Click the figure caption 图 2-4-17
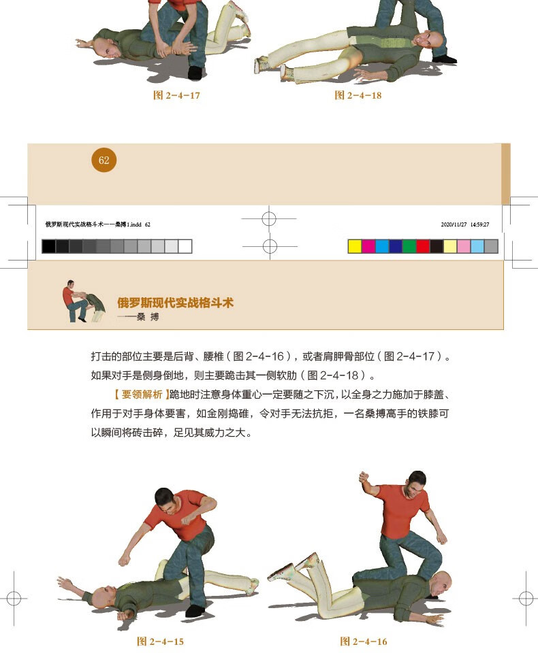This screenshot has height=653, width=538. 176,95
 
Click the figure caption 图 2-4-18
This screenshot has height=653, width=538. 358,95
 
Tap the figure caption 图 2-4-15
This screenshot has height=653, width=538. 160,641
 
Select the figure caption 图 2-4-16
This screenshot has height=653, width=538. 364,641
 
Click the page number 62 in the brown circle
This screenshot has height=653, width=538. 104,161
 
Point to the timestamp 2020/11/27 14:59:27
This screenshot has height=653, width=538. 465,224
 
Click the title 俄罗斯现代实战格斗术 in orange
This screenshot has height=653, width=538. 175,303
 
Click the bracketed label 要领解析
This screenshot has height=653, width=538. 140,394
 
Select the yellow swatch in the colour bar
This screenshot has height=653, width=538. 355,246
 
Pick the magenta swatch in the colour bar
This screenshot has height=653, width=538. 368,246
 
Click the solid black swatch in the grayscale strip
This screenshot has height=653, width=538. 49,246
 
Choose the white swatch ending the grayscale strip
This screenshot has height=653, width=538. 185,246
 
